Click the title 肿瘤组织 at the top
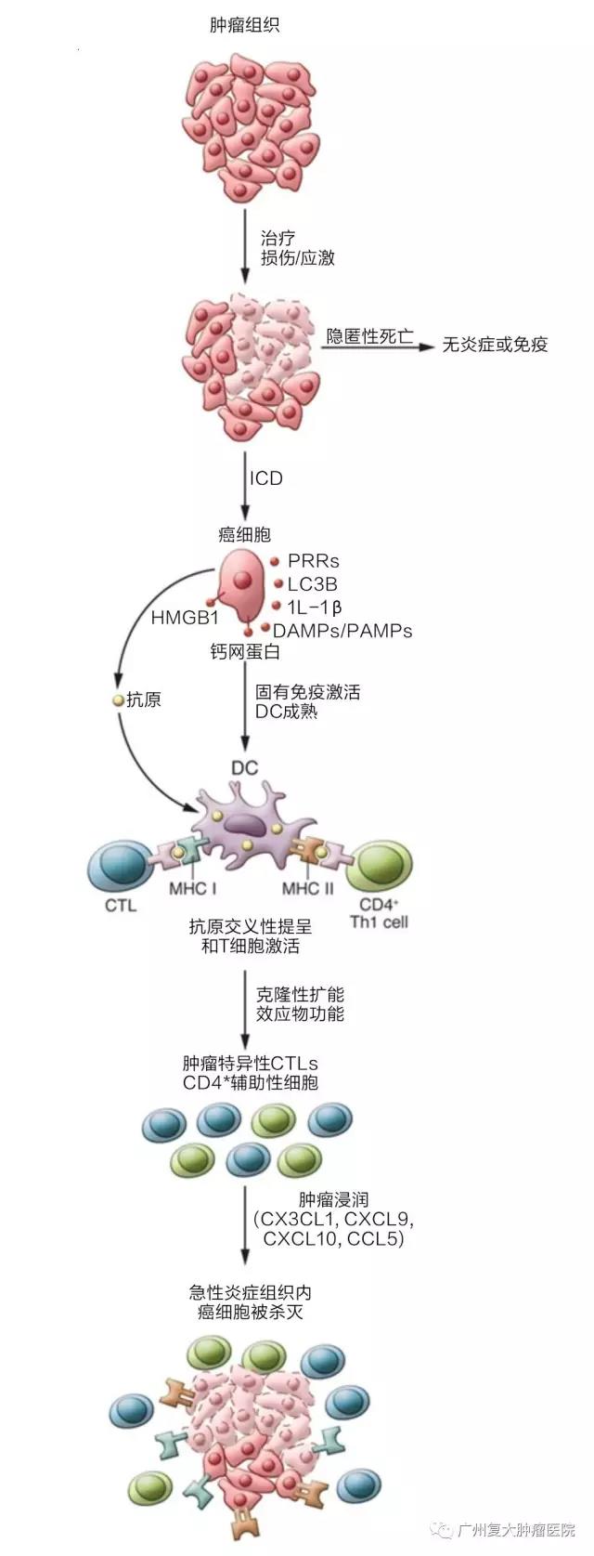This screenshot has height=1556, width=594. pos(244,26)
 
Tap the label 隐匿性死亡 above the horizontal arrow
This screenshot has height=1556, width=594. pos(369,335)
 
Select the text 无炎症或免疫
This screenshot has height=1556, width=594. pos(495,345)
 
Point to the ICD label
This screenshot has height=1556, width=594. pos(265,478)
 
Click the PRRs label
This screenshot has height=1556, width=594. pos(313,561)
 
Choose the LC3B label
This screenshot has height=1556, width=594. pos(312,584)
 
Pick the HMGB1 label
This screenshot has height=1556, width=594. pos(184,618)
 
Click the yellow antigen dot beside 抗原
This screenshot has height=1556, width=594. pos(118,700)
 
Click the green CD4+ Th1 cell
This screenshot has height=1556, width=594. pos(378,868)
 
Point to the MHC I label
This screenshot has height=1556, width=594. pos(193,888)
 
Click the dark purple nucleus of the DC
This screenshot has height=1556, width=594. pos(247,821)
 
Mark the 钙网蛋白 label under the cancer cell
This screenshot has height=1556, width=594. pos(244,652)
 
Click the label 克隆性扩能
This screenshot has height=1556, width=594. pos(300,995)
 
